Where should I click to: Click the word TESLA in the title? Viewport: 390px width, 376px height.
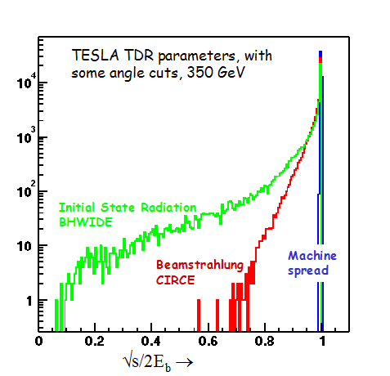[96, 56]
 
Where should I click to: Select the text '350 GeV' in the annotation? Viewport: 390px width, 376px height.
[216, 73]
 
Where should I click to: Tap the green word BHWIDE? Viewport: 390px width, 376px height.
[86, 222]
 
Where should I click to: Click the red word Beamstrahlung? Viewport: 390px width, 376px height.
[199, 265]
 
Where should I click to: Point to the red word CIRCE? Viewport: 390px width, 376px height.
[175, 280]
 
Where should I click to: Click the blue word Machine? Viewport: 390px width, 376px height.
[312, 256]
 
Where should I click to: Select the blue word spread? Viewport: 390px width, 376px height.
[308, 271]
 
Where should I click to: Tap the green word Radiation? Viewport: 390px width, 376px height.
[168, 208]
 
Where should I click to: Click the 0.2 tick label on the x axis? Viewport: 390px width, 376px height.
[95, 341]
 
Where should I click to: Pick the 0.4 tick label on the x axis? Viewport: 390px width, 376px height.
[151, 341]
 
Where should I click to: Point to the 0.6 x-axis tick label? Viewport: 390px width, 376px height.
[208, 341]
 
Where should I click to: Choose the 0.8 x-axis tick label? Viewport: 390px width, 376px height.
[265, 341]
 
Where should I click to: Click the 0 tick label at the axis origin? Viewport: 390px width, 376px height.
[39, 341]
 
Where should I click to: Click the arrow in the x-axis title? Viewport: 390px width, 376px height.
[185, 362]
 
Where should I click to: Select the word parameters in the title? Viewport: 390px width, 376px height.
[196, 56]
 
